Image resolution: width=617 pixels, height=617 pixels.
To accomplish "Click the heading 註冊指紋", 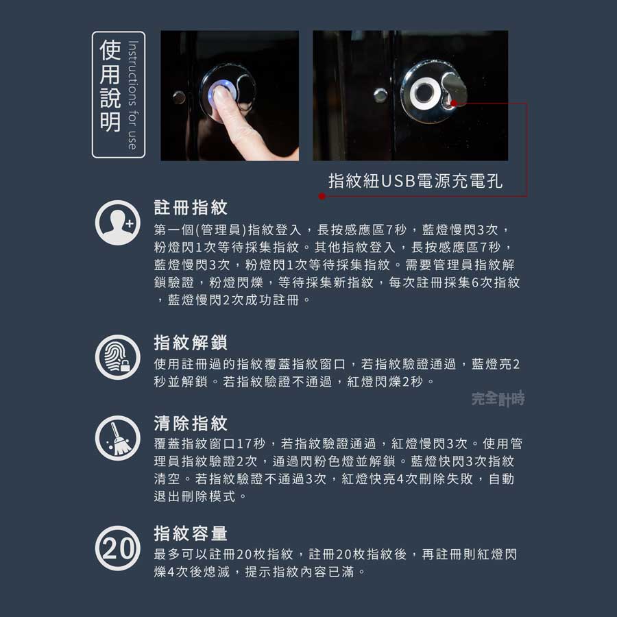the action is (191, 208).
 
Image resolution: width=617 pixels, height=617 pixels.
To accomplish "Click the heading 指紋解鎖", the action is (191, 342).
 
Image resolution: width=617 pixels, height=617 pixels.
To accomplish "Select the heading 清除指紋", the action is (191, 424).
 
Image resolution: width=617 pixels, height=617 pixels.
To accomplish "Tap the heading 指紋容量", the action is (191, 533).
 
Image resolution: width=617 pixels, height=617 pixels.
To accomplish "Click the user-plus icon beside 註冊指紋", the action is (118, 223).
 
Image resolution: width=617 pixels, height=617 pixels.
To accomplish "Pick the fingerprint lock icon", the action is (118, 357).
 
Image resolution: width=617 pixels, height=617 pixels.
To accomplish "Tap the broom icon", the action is (118, 438).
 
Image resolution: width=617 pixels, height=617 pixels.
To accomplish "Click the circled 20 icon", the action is (118, 548).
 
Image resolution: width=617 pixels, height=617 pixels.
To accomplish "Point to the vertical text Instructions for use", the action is (133, 95).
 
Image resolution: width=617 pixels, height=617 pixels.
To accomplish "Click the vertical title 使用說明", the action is (110, 86).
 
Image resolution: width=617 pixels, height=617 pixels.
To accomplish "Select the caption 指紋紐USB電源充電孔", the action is (415, 181).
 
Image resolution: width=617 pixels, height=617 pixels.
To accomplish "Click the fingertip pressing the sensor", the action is (223, 95).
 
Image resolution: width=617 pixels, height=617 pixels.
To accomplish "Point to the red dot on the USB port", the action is (454, 104).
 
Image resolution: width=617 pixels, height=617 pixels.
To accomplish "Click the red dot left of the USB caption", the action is (322, 196).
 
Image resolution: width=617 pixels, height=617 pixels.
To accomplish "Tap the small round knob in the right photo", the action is (380, 95).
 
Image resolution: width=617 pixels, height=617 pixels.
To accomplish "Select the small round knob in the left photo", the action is (179, 97).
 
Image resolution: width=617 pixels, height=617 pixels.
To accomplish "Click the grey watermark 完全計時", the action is (498, 398).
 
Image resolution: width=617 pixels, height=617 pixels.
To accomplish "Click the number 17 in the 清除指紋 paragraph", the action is (244, 444).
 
